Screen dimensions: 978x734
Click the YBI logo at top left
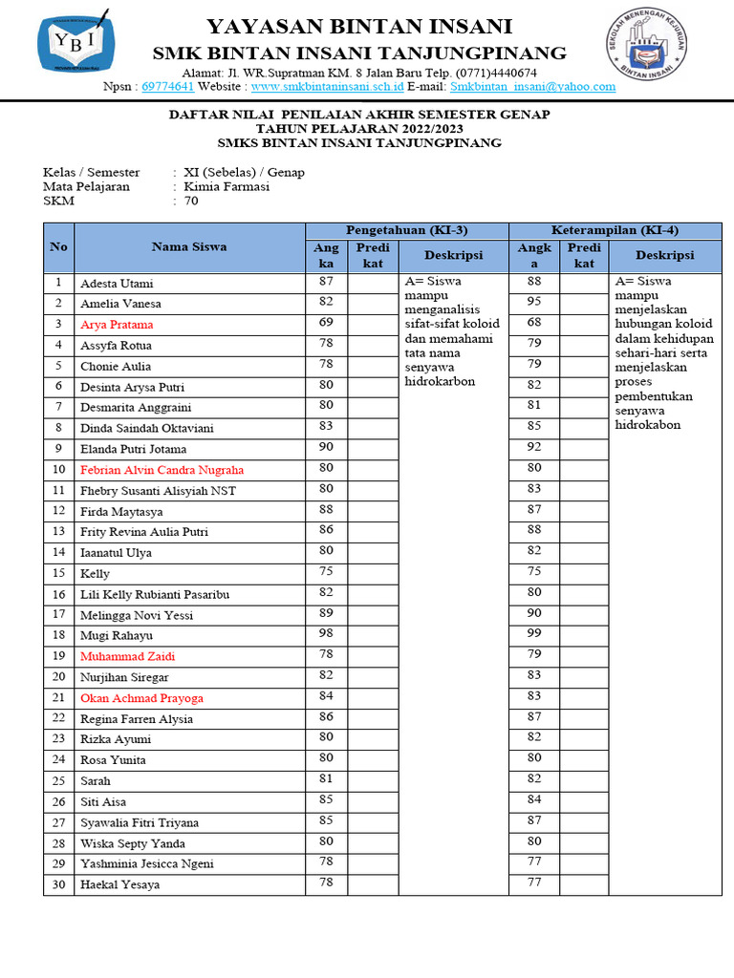point(80,44)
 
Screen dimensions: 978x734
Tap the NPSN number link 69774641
point(167,87)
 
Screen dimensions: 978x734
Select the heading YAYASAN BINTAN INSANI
point(359,26)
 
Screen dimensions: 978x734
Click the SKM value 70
point(191,202)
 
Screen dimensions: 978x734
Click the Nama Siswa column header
point(189,246)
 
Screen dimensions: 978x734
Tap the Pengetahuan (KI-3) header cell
point(406,230)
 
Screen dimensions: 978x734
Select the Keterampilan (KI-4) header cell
point(615,230)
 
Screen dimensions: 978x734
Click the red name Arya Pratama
point(117,325)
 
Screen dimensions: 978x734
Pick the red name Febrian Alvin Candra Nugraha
point(162,470)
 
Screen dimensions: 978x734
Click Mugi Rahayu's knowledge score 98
point(326,634)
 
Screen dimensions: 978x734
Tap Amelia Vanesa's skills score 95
point(534,302)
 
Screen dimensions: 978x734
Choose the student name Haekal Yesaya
point(119,884)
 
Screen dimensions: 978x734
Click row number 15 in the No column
point(58,573)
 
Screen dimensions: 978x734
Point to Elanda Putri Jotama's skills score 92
point(534,447)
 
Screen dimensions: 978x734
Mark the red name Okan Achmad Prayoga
point(141,698)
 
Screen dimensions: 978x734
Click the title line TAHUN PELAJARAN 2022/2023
point(359,129)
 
